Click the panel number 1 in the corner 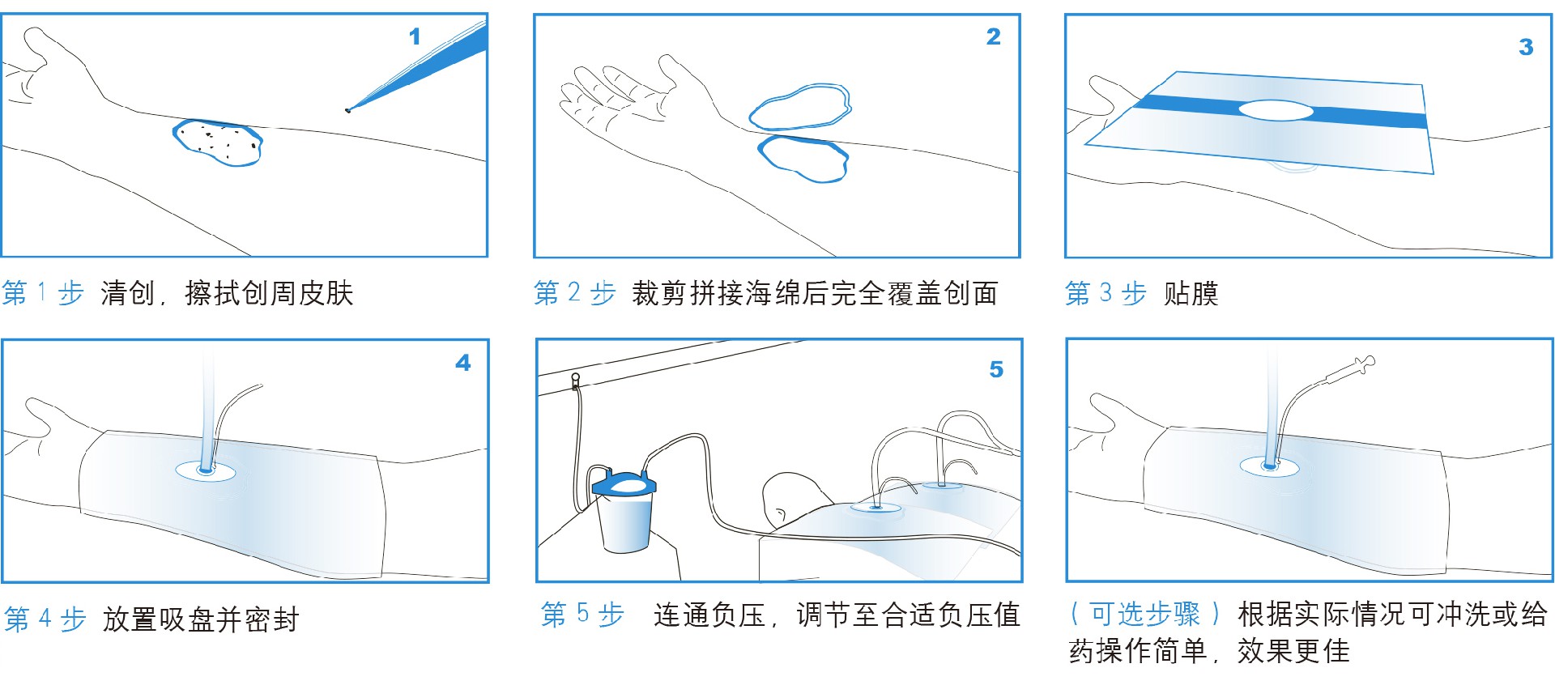click(415, 36)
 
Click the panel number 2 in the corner click(994, 36)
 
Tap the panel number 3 click(1526, 47)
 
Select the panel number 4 click(463, 363)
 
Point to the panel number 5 click(996, 369)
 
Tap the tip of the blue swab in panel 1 click(348, 109)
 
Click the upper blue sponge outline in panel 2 click(800, 107)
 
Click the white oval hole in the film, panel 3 click(1276, 110)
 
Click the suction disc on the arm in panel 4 click(206, 470)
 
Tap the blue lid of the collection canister click(624, 485)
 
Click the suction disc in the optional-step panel click(1269, 466)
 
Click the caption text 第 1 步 click(43, 292)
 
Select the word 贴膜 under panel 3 click(1191, 292)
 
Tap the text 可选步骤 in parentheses click(1144, 614)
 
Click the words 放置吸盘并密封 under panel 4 click(201, 619)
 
